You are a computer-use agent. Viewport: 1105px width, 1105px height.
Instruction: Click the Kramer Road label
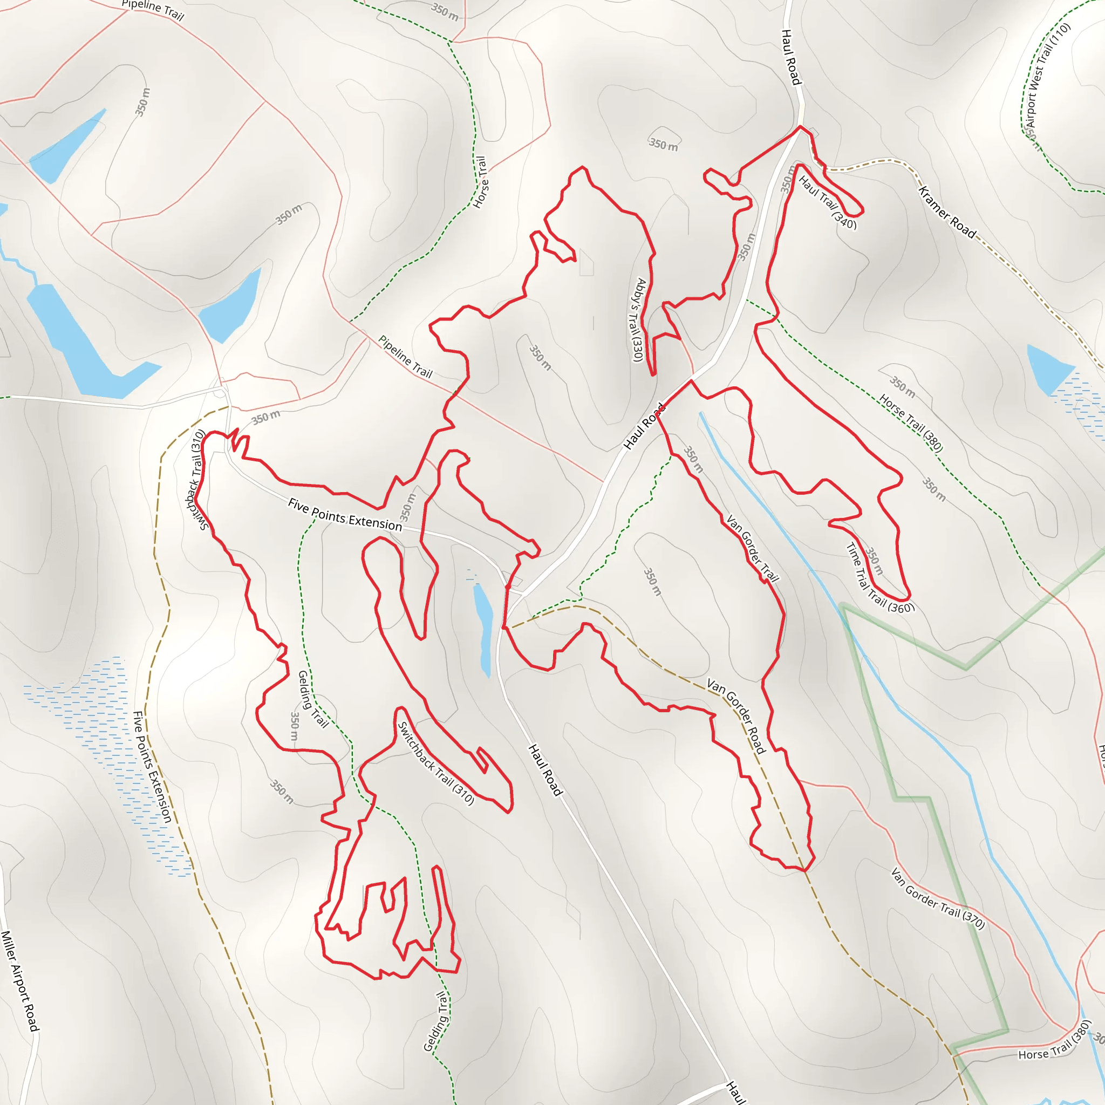(946, 212)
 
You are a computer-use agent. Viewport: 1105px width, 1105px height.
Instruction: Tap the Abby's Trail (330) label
(637, 320)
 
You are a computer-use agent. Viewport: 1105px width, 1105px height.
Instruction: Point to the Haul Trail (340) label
(828, 202)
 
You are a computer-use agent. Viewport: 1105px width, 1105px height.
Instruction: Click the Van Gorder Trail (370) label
(937, 898)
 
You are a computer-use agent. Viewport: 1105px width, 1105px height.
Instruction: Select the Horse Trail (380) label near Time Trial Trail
(911, 422)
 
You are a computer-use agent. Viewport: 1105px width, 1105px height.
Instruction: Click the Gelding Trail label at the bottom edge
(436, 1021)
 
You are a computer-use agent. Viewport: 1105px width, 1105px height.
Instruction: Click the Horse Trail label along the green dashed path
(480, 182)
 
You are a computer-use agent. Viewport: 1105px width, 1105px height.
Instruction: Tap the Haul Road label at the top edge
(790, 57)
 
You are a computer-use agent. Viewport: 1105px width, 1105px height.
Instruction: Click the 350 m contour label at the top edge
(445, 11)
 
